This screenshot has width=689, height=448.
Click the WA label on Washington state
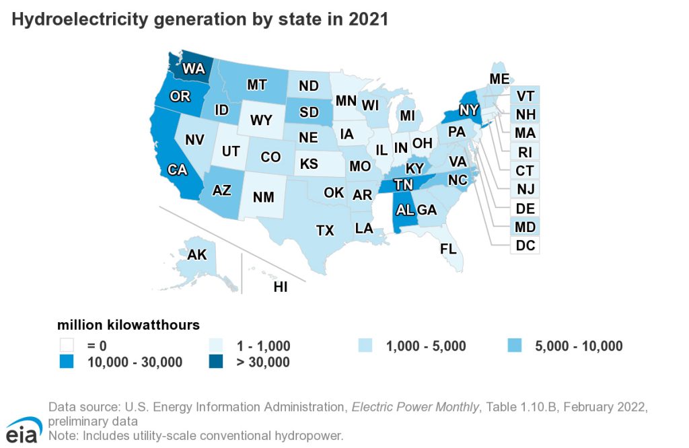(194, 69)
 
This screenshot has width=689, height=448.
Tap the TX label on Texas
(325, 231)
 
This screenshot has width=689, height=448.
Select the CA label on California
(178, 170)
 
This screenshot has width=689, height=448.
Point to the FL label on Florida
(448, 248)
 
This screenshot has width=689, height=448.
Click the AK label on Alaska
(197, 255)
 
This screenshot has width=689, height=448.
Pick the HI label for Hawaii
(281, 287)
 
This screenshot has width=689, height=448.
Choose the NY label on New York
(469, 110)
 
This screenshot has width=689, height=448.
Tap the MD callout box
(525, 226)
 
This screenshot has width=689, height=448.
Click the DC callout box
(525, 246)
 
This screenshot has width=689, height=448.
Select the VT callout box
(525, 95)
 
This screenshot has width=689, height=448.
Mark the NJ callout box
(525, 188)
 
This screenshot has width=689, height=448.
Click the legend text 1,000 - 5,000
(426, 346)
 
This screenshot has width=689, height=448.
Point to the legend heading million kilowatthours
(128, 326)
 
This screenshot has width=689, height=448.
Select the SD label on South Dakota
(309, 112)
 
